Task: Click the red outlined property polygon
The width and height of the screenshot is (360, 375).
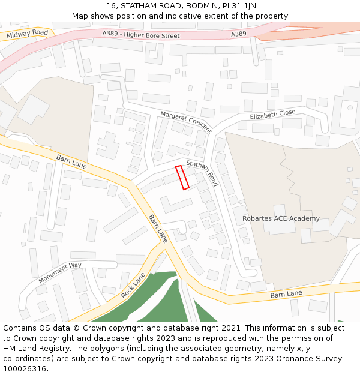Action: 182,178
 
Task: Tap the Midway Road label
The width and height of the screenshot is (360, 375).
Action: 27,34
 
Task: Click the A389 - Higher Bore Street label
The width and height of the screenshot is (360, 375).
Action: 141,35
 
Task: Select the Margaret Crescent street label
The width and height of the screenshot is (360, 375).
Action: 185,122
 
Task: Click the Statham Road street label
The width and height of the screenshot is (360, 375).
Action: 203,173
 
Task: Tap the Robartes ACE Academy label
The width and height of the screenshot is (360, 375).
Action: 281,218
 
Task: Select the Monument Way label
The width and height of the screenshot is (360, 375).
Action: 59,273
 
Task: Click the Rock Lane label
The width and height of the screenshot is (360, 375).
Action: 133,286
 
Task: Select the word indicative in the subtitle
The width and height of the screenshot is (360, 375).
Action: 170,16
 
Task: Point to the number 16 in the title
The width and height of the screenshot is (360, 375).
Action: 111,6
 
